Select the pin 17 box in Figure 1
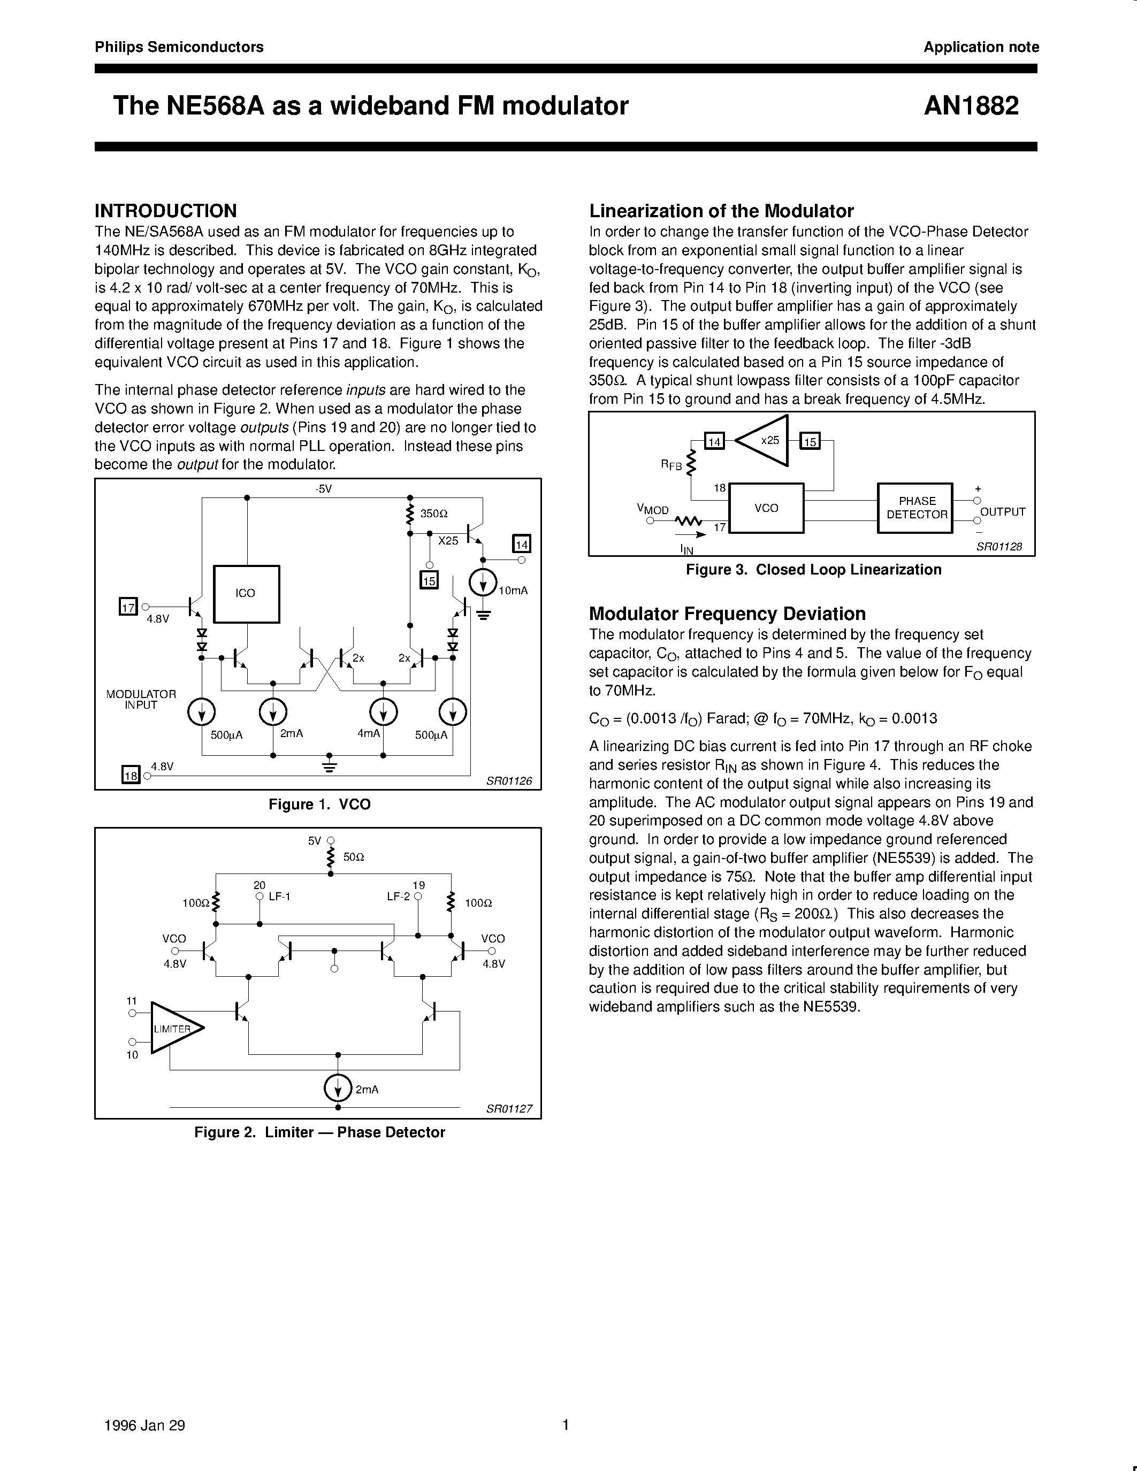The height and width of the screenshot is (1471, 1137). pyautogui.click(x=128, y=607)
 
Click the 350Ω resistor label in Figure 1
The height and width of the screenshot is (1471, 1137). pyautogui.click(x=434, y=513)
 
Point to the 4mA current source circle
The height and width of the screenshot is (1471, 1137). pyautogui.click(x=383, y=712)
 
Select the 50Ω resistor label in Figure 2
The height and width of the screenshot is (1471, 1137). pyautogui.click(x=354, y=857)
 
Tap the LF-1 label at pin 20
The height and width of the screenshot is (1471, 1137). pyautogui.click(x=279, y=897)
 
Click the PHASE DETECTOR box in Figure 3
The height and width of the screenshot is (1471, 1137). pyautogui.click(x=915, y=508)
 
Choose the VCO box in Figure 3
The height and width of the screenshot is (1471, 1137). pyautogui.click(x=767, y=508)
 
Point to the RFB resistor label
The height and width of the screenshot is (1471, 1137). pyautogui.click(x=671, y=465)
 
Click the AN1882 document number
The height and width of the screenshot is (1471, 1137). pyautogui.click(x=971, y=106)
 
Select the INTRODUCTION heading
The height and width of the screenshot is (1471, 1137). pyautogui.click(x=166, y=211)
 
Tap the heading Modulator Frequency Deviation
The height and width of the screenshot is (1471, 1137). pyautogui.click(x=727, y=614)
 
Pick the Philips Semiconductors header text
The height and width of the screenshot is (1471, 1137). pyautogui.click(x=179, y=47)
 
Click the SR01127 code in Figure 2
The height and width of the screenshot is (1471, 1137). pyautogui.click(x=509, y=1108)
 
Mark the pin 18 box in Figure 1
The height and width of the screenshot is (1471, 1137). pyautogui.click(x=130, y=775)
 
